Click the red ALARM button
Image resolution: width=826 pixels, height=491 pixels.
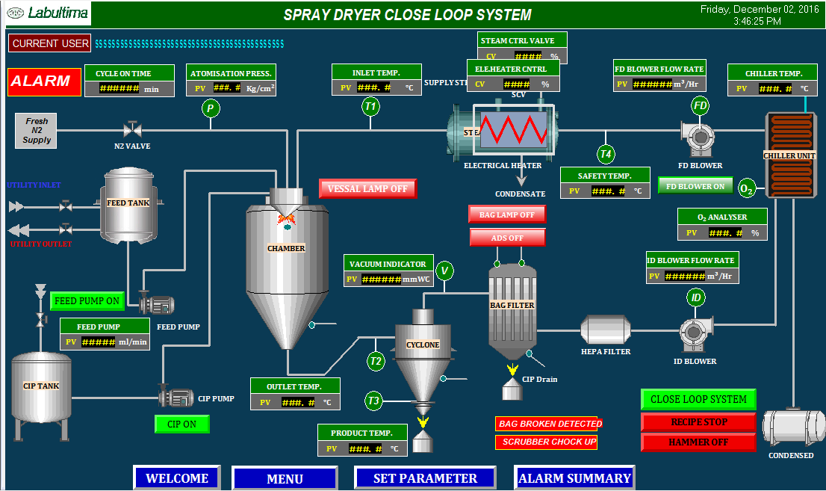coord(40,81)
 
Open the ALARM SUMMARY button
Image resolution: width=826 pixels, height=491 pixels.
coord(574,478)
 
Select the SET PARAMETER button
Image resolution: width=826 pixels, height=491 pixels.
coord(425,478)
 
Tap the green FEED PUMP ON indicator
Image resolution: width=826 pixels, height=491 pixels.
coord(87,301)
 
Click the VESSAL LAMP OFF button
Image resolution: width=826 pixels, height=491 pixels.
coord(367,189)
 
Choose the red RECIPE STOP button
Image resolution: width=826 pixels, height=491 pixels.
coord(698,421)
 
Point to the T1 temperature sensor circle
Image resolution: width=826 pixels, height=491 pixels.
coord(370,107)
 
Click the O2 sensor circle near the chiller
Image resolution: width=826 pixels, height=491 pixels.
coord(746,188)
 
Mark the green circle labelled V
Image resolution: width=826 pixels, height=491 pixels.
coord(445,270)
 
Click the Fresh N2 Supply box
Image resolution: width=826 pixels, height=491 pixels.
coord(37,131)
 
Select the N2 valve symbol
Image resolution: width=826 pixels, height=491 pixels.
coord(132,129)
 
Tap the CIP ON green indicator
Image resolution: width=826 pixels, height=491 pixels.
coord(181,424)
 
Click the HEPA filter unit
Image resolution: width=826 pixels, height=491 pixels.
coord(606,330)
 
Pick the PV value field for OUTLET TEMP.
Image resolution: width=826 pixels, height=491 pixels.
coord(298,402)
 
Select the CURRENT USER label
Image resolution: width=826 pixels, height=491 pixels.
coord(50,43)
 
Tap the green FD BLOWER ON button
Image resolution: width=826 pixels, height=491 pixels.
coord(695,186)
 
